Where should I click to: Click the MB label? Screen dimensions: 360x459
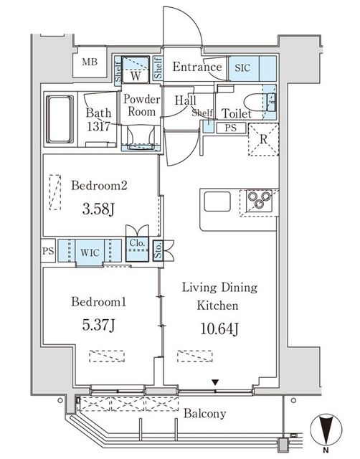click(x=90, y=62)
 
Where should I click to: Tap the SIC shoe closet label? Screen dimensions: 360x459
click(x=242, y=68)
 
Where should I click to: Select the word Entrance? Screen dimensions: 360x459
click(x=197, y=67)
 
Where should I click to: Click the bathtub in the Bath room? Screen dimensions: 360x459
click(x=60, y=120)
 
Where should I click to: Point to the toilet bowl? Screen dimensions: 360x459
click(x=255, y=102)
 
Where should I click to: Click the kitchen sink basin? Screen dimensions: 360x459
click(x=217, y=202)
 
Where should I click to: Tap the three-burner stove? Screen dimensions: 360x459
click(x=259, y=200)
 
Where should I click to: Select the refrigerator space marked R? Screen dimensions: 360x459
click(x=263, y=140)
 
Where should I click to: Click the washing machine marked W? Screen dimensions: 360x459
click(x=136, y=70)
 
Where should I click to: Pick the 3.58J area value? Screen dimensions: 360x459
click(x=98, y=209)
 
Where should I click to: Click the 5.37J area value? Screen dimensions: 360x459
click(x=98, y=325)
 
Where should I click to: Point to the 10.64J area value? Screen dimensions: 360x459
click(x=219, y=328)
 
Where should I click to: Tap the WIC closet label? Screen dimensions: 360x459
click(x=90, y=252)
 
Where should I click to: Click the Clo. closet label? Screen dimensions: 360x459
click(x=137, y=243)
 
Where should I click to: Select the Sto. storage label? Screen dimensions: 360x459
click(x=158, y=250)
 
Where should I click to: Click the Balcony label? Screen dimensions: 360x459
click(x=205, y=414)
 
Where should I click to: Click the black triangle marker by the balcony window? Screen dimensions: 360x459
click(x=215, y=382)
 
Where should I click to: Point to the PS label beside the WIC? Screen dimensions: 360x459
click(x=48, y=251)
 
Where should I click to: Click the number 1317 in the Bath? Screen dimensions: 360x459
click(x=98, y=126)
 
